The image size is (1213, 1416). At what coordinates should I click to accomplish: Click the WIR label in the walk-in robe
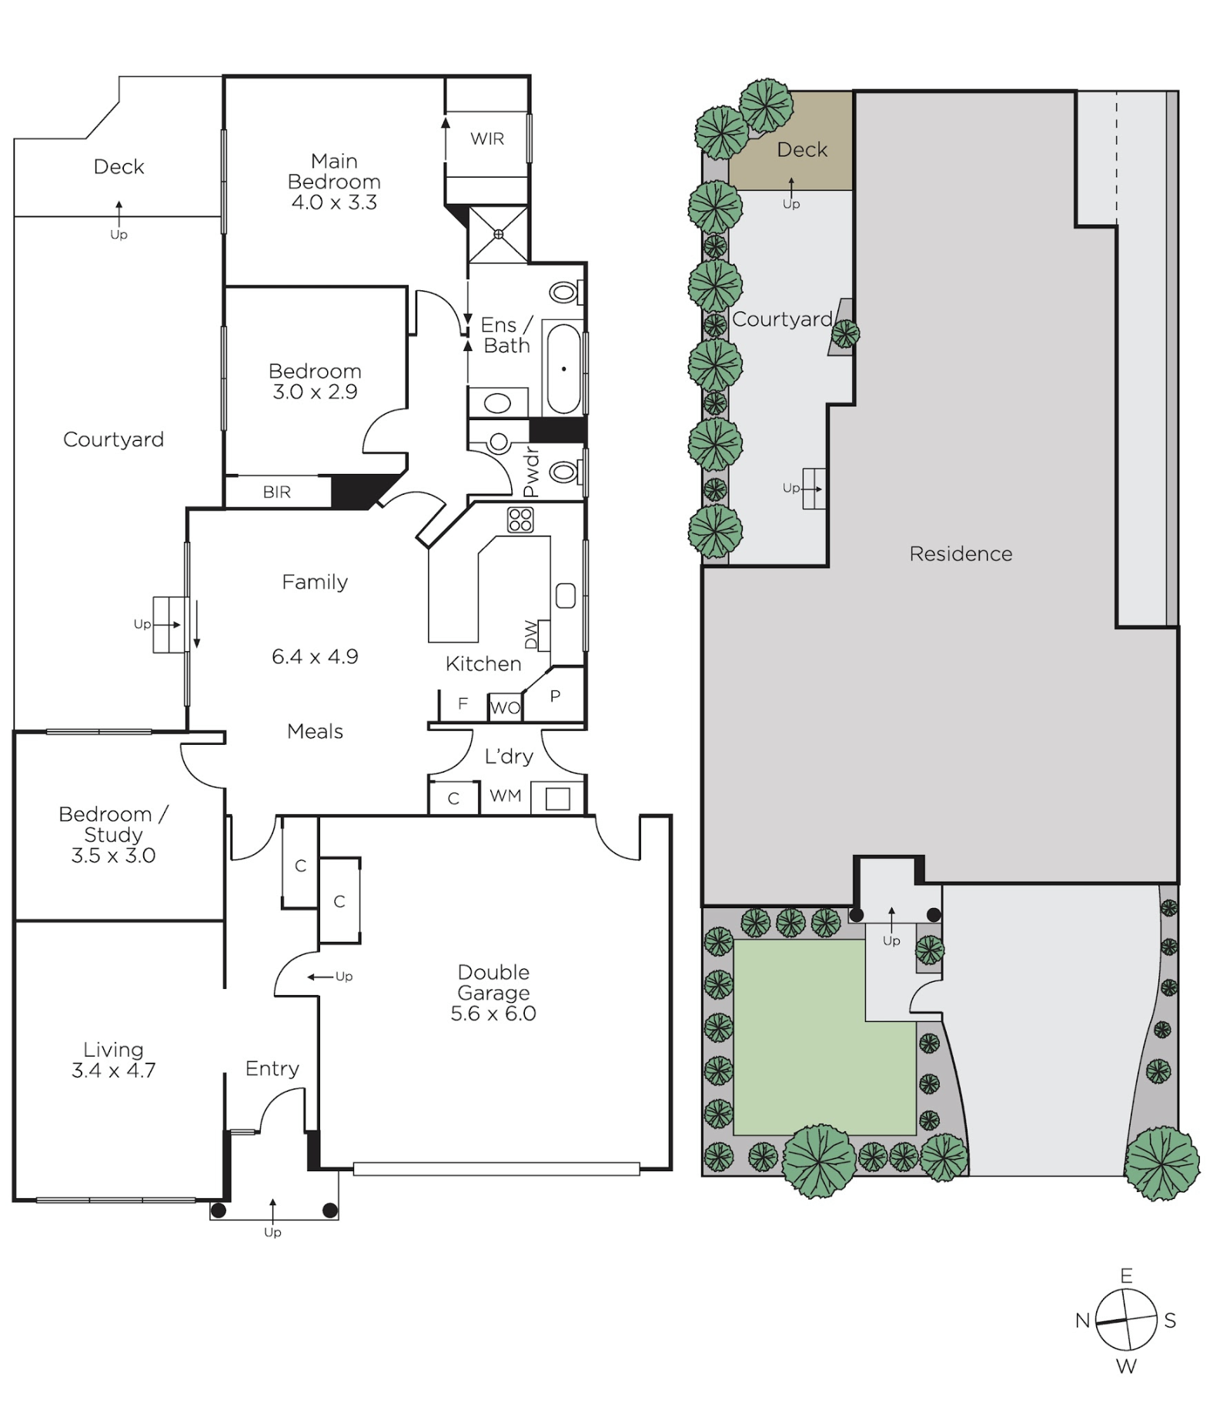point(487,139)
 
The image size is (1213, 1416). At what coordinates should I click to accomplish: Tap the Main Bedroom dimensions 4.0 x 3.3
point(334,202)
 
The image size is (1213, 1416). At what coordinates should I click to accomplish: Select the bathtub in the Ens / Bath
point(563,369)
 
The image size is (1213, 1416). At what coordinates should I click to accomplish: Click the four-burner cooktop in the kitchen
point(520,520)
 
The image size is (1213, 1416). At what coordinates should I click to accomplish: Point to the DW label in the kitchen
point(531,635)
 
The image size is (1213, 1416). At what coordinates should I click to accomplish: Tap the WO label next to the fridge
point(505,708)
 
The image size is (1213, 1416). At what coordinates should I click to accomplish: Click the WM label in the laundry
point(505,796)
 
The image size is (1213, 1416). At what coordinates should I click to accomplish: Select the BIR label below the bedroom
point(277,493)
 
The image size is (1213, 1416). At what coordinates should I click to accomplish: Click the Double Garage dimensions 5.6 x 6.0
point(493,1014)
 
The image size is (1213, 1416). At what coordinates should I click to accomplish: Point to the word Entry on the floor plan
point(272,1069)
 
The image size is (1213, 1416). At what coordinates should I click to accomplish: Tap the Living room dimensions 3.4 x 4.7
point(114,1070)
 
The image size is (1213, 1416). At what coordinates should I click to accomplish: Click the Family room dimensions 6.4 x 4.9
point(315,656)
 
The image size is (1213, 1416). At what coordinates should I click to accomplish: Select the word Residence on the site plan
point(961,554)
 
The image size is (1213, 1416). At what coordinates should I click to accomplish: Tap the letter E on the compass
point(1126,1276)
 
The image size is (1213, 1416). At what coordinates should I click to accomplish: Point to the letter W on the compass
point(1126,1367)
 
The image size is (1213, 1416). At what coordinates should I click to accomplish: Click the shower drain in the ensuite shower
point(499,234)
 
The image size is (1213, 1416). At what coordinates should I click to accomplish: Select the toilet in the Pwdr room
point(566,471)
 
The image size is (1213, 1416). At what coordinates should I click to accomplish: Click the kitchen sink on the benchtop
point(566,596)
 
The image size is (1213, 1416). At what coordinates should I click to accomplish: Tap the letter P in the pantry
point(555,696)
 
